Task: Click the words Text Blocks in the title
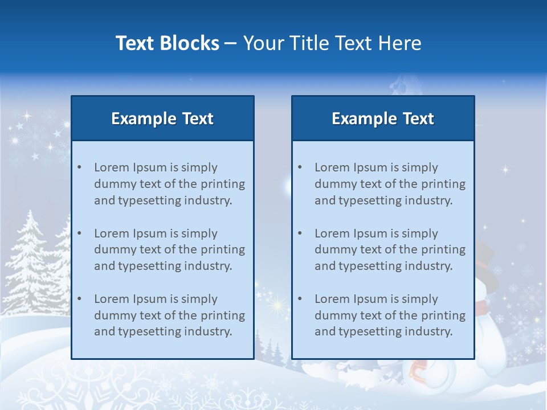click(167, 43)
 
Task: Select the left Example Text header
click(162, 118)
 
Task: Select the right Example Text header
click(383, 118)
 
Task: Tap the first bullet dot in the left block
click(79, 167)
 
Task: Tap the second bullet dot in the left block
click(79, 233)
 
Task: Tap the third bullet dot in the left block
click(79, 299)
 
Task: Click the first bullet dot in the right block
click(300, 167)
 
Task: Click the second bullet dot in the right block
click(300, 233)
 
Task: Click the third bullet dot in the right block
click(300, 299)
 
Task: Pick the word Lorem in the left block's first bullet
click(112, 167)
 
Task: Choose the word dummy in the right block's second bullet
click(333, 249)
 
